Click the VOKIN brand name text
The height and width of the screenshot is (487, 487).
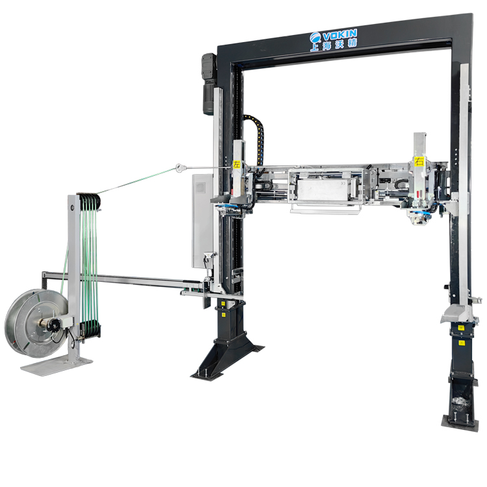click(340, 34)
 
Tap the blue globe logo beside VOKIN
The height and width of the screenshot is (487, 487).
click(315, 38)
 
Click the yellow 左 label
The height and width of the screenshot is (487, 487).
click(236, 164)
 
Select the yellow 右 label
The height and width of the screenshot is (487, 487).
click(419, 161)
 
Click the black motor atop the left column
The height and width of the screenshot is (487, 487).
click(208, 84)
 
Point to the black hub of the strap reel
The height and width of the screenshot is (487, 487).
click(54, 325)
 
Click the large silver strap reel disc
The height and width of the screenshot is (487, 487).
click(36, 323)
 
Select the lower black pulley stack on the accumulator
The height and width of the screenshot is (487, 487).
click(90, 329)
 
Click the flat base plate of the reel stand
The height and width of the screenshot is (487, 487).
click(56, 366)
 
